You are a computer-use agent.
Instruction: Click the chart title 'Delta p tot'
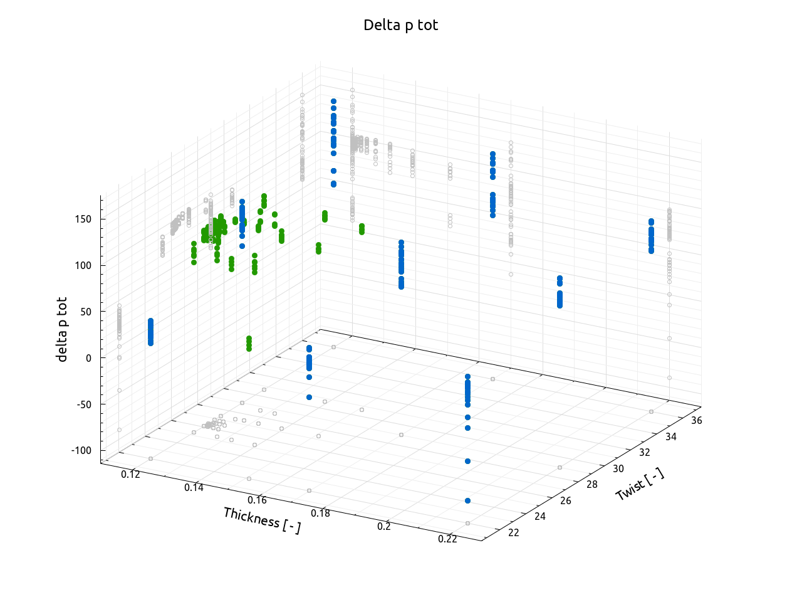tap(400, 25)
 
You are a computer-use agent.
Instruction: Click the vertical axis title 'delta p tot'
tap(62, 329)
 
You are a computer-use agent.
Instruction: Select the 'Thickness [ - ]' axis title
tap(262, 520)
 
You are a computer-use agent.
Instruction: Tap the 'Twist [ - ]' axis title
tap(640, 484)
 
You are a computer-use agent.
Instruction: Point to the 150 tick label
tap(83, 219)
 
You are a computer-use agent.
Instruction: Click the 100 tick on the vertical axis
tap(83, 265)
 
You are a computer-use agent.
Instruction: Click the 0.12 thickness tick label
tap(131, 474)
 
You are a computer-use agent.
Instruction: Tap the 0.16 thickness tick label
tap(257, 500)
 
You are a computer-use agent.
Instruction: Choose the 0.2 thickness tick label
tap(384, 526)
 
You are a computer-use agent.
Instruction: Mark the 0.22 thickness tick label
tap(447, 539)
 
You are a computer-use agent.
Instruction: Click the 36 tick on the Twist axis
tap(697, 421)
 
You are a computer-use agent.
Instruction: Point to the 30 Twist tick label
tap(618, 468)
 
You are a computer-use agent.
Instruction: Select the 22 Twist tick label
tap(514, 532)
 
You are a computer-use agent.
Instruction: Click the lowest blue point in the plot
tap(467, 500)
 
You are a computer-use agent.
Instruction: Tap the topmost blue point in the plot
tap(333, 101)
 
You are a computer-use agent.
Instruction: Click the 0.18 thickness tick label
tap(320, 513)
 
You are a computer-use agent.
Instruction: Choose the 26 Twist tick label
tap(566, 500)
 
